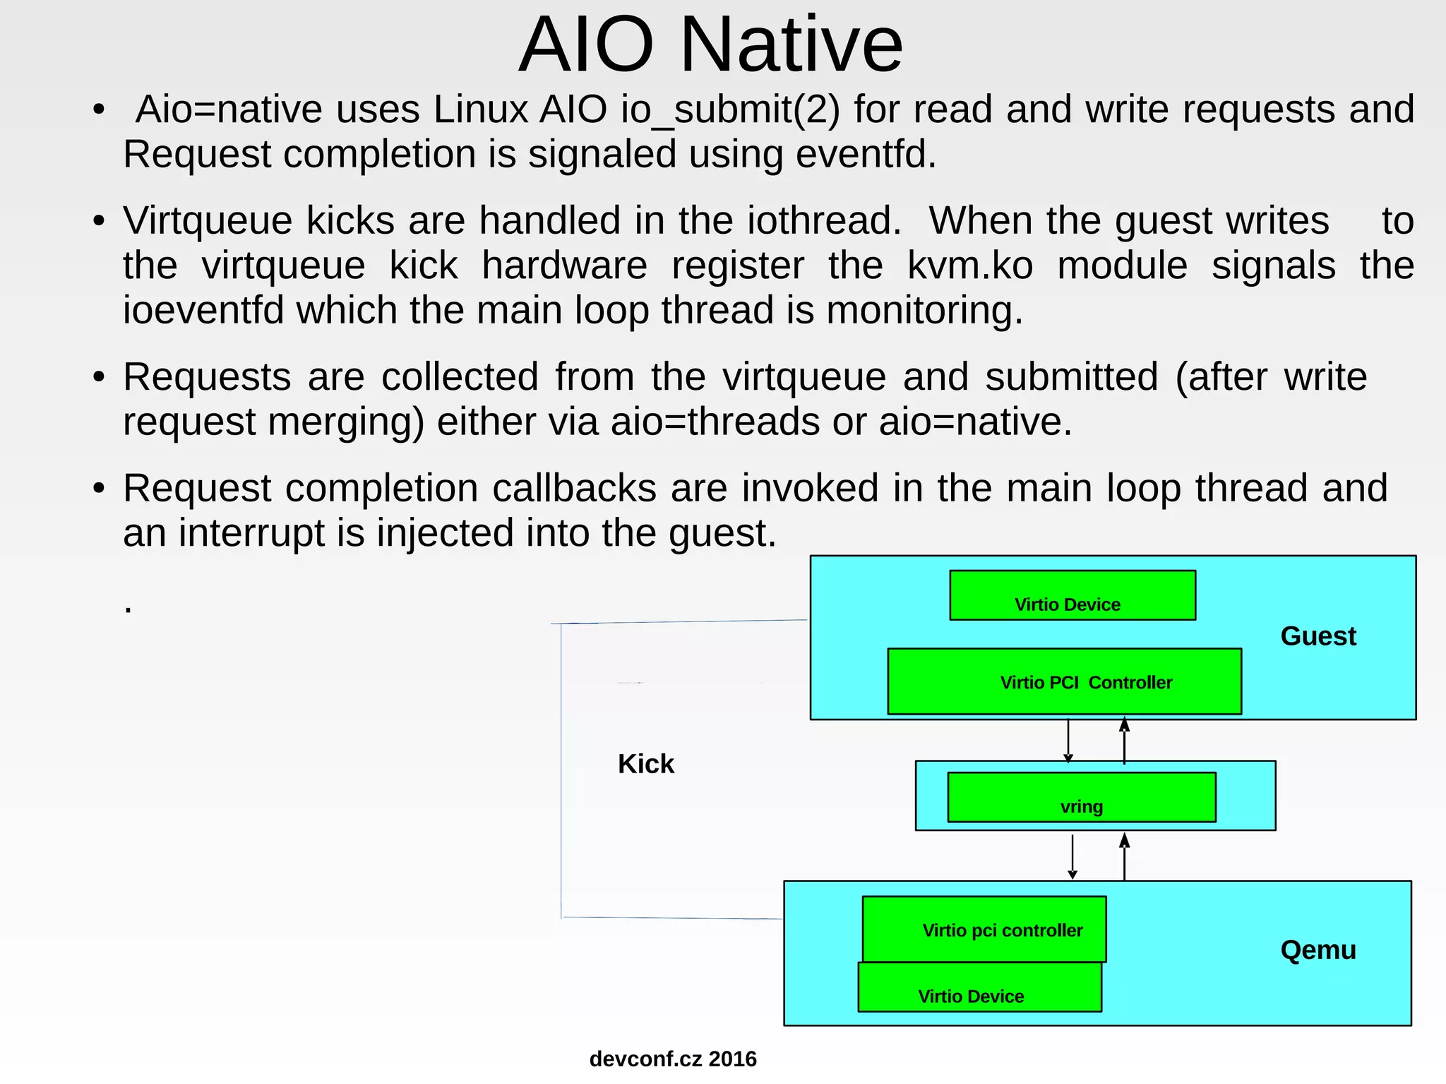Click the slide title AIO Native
[x=710, y=45]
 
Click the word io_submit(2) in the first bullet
[x=730, y=110]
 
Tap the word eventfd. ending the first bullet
[x=866, y=154]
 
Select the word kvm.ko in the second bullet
[x=969, y=266]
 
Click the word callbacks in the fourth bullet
[x=574, y=488]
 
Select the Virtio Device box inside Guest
[x=1072, y=595]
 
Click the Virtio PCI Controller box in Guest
[x=1064, y=681]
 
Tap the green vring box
[x=1081, y=797]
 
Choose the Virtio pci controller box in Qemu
[x=984, y=929]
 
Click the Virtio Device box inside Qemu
[x=979, y=987]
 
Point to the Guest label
[x=1317, y=636]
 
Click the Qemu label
[x=1317, y=950]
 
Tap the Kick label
[x=645, y=764]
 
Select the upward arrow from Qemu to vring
[x=1124, y=856]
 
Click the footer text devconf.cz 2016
[x=672, y=1059]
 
